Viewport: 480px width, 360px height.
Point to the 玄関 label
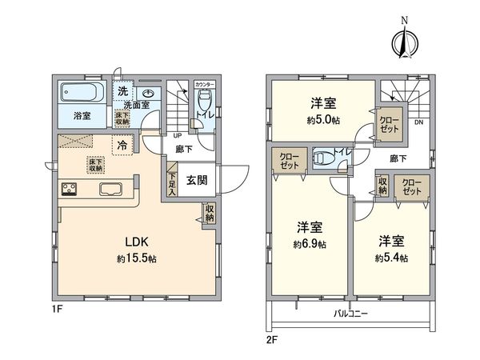pyautogui.click(x=197, y=180)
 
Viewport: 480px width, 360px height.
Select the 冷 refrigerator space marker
pyautogui.click(x=122, y=146)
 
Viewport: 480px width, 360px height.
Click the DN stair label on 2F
pyautogui.click(x=418, y=122)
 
